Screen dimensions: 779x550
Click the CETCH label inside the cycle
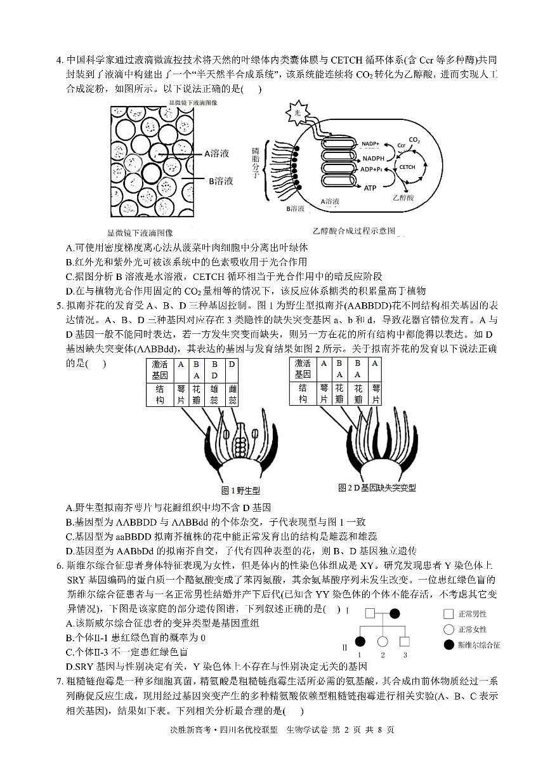(x=406, y=167)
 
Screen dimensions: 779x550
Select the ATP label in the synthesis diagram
(x=370, y=188)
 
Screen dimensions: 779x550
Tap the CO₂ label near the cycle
(x=414, y=140)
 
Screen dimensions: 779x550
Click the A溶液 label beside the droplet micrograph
(x=216, y=153)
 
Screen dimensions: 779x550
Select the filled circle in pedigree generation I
(x=394, y=614)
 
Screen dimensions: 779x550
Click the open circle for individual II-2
(x=383, y=642)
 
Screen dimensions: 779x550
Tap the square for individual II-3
(x=405, y=642)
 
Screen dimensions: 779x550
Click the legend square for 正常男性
(x=449, y=614)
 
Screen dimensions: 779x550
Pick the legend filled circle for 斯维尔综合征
(x=449, y=644)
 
